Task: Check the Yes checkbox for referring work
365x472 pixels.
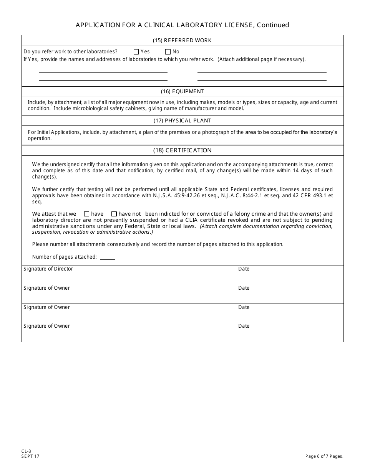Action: [x=136, y=52]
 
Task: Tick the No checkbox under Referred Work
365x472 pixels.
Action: [x=168, y=52]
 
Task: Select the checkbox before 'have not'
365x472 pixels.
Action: [x=114, y=214]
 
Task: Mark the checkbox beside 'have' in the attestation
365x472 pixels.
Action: [x=86, y=214]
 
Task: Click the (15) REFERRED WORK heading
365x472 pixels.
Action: [x=182, y=41]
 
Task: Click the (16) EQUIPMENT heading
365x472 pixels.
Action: [x=182, y=92]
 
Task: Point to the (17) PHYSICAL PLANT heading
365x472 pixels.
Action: [x=182, y=121]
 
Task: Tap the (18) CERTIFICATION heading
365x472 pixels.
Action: [x=182, y=150]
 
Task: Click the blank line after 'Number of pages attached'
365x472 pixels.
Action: [x=107, y=257]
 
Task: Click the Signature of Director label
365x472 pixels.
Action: [x=48, y=269]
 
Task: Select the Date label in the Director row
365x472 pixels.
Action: [x=244, y=269]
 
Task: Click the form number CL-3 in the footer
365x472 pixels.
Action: [x=26, y=452]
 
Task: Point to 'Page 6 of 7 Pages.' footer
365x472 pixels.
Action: [x=324, y=456]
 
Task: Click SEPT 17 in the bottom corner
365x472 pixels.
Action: [x=30, y=456]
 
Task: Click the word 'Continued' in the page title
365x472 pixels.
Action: [x=273, y=25]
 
